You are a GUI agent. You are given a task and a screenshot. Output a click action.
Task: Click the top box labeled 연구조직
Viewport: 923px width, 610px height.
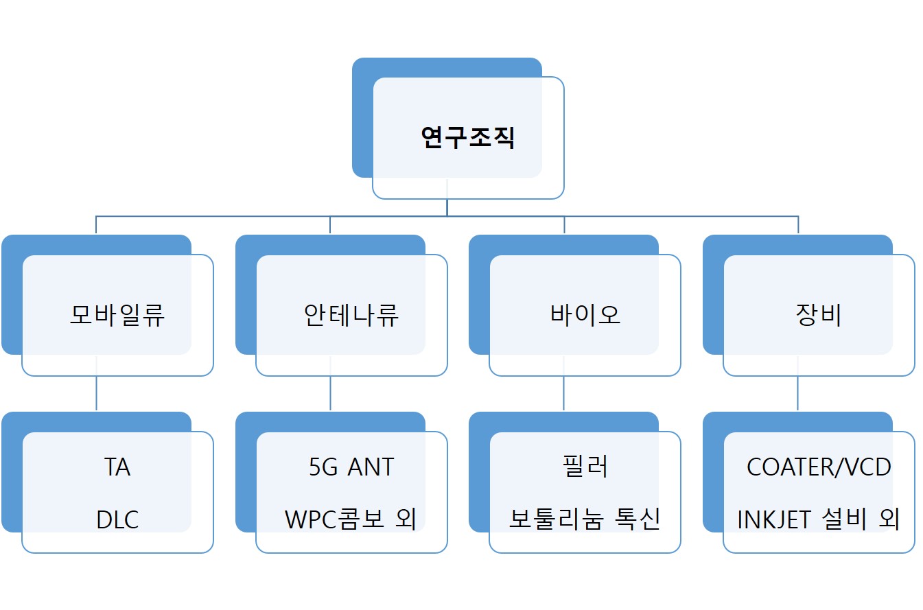click(467, 138)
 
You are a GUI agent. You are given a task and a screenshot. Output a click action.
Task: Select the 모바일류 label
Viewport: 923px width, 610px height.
click(117, 315)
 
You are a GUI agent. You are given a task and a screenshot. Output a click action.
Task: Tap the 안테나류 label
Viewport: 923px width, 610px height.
click(351, 315)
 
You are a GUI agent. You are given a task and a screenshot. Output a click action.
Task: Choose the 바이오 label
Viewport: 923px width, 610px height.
click(585, 315)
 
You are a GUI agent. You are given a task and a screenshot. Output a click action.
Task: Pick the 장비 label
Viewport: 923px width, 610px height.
click(818, 315)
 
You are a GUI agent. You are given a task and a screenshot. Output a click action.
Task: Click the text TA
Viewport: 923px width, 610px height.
click(117, 467)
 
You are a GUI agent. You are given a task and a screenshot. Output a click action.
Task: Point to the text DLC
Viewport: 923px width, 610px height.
click(117, 520)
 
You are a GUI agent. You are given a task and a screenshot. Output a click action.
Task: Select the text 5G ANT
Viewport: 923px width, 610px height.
click(351, 467)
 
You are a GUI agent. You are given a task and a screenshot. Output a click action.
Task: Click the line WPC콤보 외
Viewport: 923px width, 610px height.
click(351, 520)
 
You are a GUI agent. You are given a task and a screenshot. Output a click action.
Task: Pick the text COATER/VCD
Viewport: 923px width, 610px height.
click(819, 467)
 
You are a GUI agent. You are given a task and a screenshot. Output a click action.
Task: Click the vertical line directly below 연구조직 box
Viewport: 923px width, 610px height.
click(447, 207)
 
